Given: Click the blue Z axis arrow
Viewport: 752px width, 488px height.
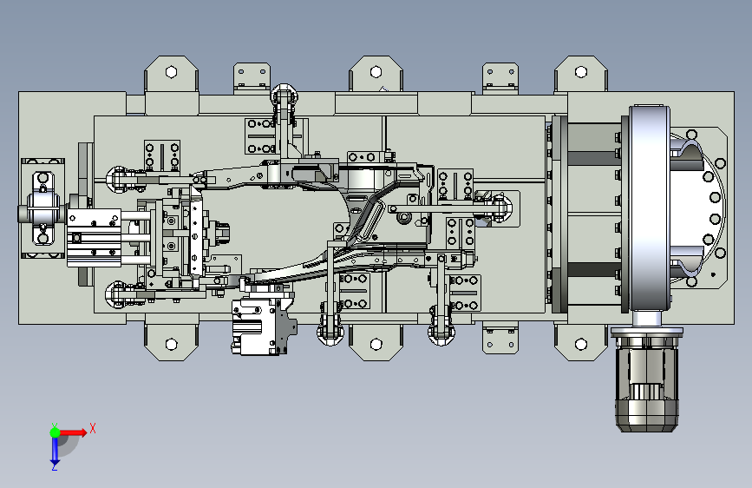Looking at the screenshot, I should tap(55, 452).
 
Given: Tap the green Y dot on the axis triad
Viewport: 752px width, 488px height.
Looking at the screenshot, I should tap(54, 431).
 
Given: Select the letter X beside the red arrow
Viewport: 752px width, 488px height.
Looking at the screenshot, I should tap(92, 428).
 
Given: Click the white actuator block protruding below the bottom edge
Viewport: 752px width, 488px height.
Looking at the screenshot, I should tap(260, 327).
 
